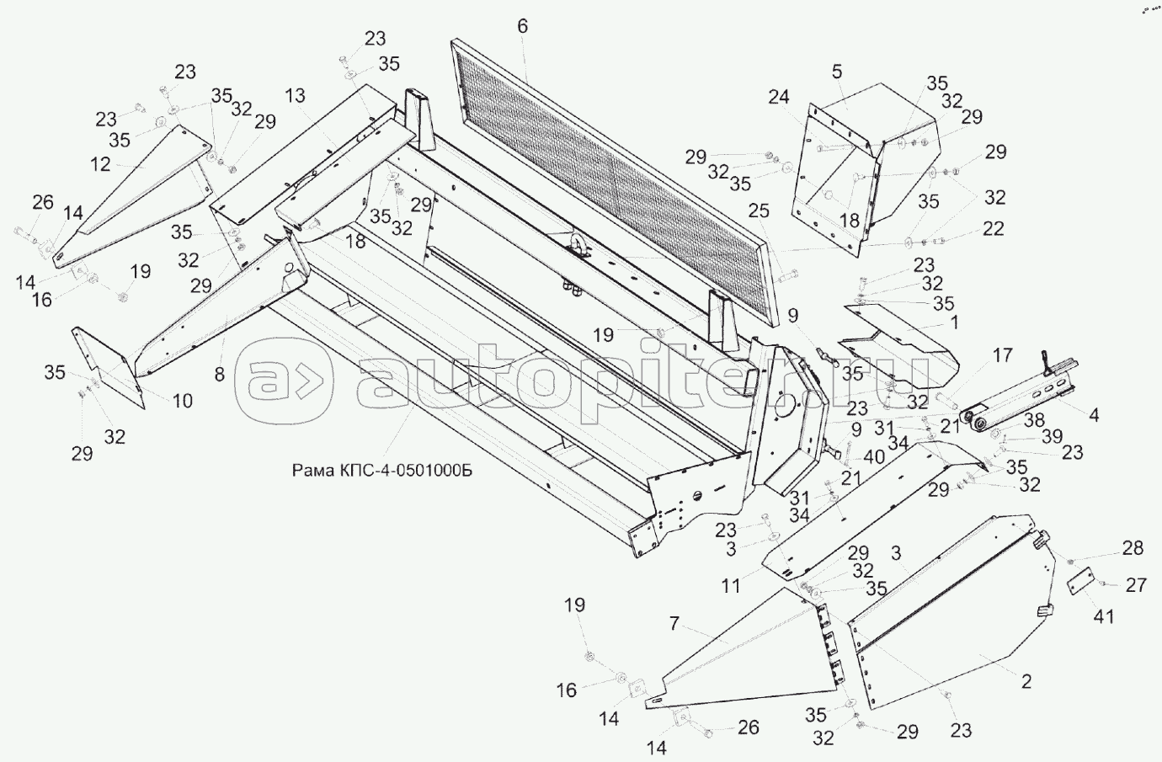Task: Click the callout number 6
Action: click(x=522, y=26)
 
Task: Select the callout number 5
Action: click(x=836, y=72)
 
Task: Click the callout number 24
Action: click(x=778, y=97)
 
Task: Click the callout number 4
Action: click(x=1093, y=414)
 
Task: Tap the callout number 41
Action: click(x=1103, y=616)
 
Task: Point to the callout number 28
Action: click(x=1133, y=549)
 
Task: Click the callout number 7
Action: click(x=674, y=624)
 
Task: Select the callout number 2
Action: click(x=1026, y=680)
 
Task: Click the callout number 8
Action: click(x=220, y=376)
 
